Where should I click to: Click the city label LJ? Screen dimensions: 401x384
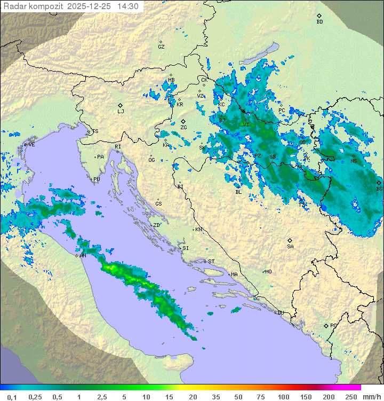[121, 112]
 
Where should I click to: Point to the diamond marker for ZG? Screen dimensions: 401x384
[183, 121]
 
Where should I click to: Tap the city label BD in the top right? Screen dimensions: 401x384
[319, 22]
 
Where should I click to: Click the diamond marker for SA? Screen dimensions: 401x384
[290, 240]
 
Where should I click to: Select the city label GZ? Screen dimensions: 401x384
[161, 47]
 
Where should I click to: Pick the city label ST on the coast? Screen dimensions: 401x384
[211, 262]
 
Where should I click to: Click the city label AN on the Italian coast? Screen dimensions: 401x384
[83, 256]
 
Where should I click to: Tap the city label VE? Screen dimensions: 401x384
[31, 145]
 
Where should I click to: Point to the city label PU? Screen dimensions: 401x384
[97, 179]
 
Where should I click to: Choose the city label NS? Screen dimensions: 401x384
[354, 161]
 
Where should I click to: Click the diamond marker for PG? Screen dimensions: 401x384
[326, 326]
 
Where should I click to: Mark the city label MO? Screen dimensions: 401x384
[268, 272]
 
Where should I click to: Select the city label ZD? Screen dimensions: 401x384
[156, 225]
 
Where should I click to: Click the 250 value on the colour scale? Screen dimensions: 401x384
[350, 397]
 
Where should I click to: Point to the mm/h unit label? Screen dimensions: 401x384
[371, 397]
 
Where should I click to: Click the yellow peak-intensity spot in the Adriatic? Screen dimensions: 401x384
[111, 267]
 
